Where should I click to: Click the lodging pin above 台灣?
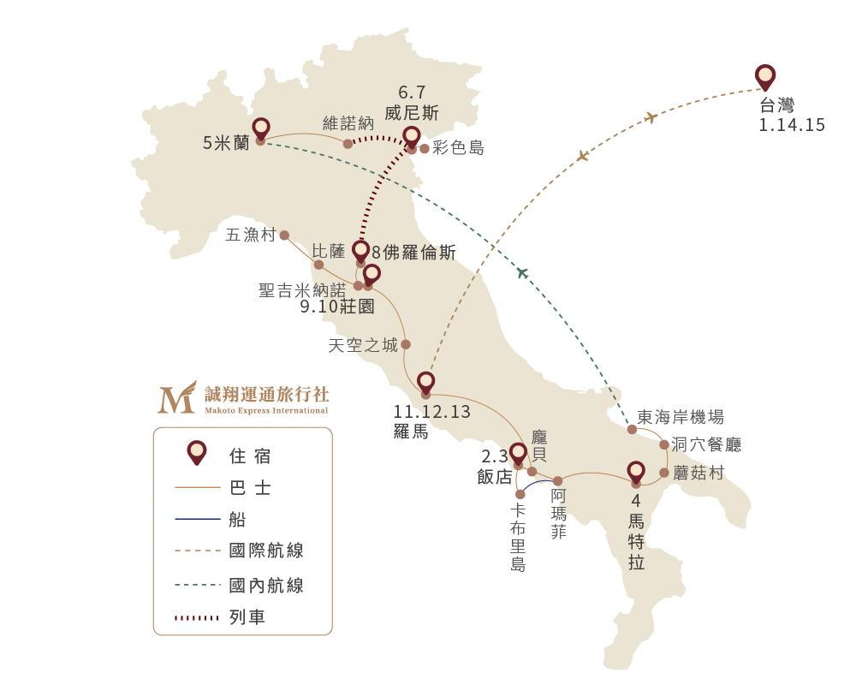(765, 76)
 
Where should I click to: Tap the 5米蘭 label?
(226, 143)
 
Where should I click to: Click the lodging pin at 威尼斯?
(411, 137)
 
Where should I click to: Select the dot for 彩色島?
(425, 149)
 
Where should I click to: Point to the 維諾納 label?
(348, 123)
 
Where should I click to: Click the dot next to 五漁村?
(284, 235)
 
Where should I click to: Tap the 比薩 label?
(329, 251)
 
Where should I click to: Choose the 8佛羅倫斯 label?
(413, 253)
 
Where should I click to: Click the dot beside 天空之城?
(406, 344)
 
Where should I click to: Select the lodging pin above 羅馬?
(425, 383)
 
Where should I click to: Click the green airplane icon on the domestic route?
(522, 272)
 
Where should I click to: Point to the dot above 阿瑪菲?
(558, 481)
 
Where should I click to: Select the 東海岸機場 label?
(681, 417)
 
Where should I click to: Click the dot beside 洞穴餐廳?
(664, 444)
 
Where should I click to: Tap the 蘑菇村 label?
(698, 473)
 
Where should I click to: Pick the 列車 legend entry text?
(247, 617)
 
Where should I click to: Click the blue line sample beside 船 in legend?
(198, 519)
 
